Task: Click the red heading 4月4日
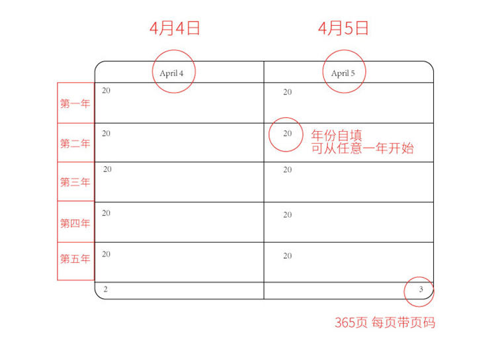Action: (x=175, y=28)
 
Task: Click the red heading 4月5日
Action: (x=343, y=28)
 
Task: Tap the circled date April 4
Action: (x=171, y=73)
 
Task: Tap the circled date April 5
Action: (x=343, y=73)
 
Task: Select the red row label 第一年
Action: (x=75, y=103)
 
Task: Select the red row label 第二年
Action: (x=75, y=144)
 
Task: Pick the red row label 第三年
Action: (x=75, y=182)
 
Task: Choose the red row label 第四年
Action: (x=75, y=223)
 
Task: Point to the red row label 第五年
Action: (x=75, y=259)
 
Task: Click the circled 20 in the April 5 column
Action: (x=288, y=134)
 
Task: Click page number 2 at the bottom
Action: (x=106, y=289)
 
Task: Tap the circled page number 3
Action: (x=421, y=289)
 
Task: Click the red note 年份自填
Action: (x=337, y=135)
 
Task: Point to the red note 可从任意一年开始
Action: (x=362, y=148)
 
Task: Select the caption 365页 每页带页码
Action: (x=385, y=323)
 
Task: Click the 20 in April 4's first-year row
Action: (x=106, y=91)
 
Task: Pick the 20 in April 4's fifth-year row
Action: (x=106, y=254)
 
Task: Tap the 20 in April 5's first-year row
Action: (x=288, y=92)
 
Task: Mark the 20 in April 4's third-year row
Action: (x=108, y=169)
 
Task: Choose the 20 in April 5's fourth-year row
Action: (x=288, y=215)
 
